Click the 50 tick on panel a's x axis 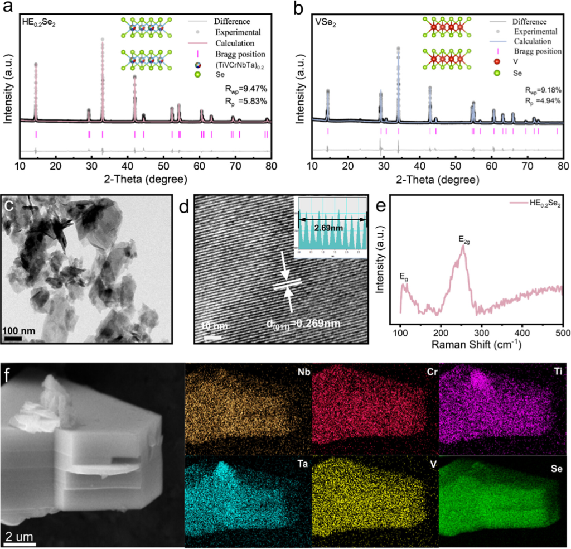click(163, 165)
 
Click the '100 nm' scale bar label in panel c click(20, 331)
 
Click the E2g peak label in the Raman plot click(466, 239)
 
